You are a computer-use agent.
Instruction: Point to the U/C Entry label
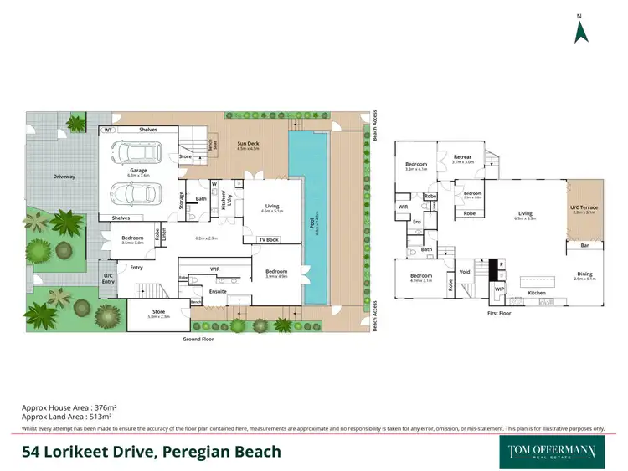pos(108,278)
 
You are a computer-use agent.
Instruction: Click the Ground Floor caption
pos(199,340)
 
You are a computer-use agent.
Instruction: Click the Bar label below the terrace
pos(585,246)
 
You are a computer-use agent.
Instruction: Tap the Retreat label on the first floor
pos(463,156)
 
